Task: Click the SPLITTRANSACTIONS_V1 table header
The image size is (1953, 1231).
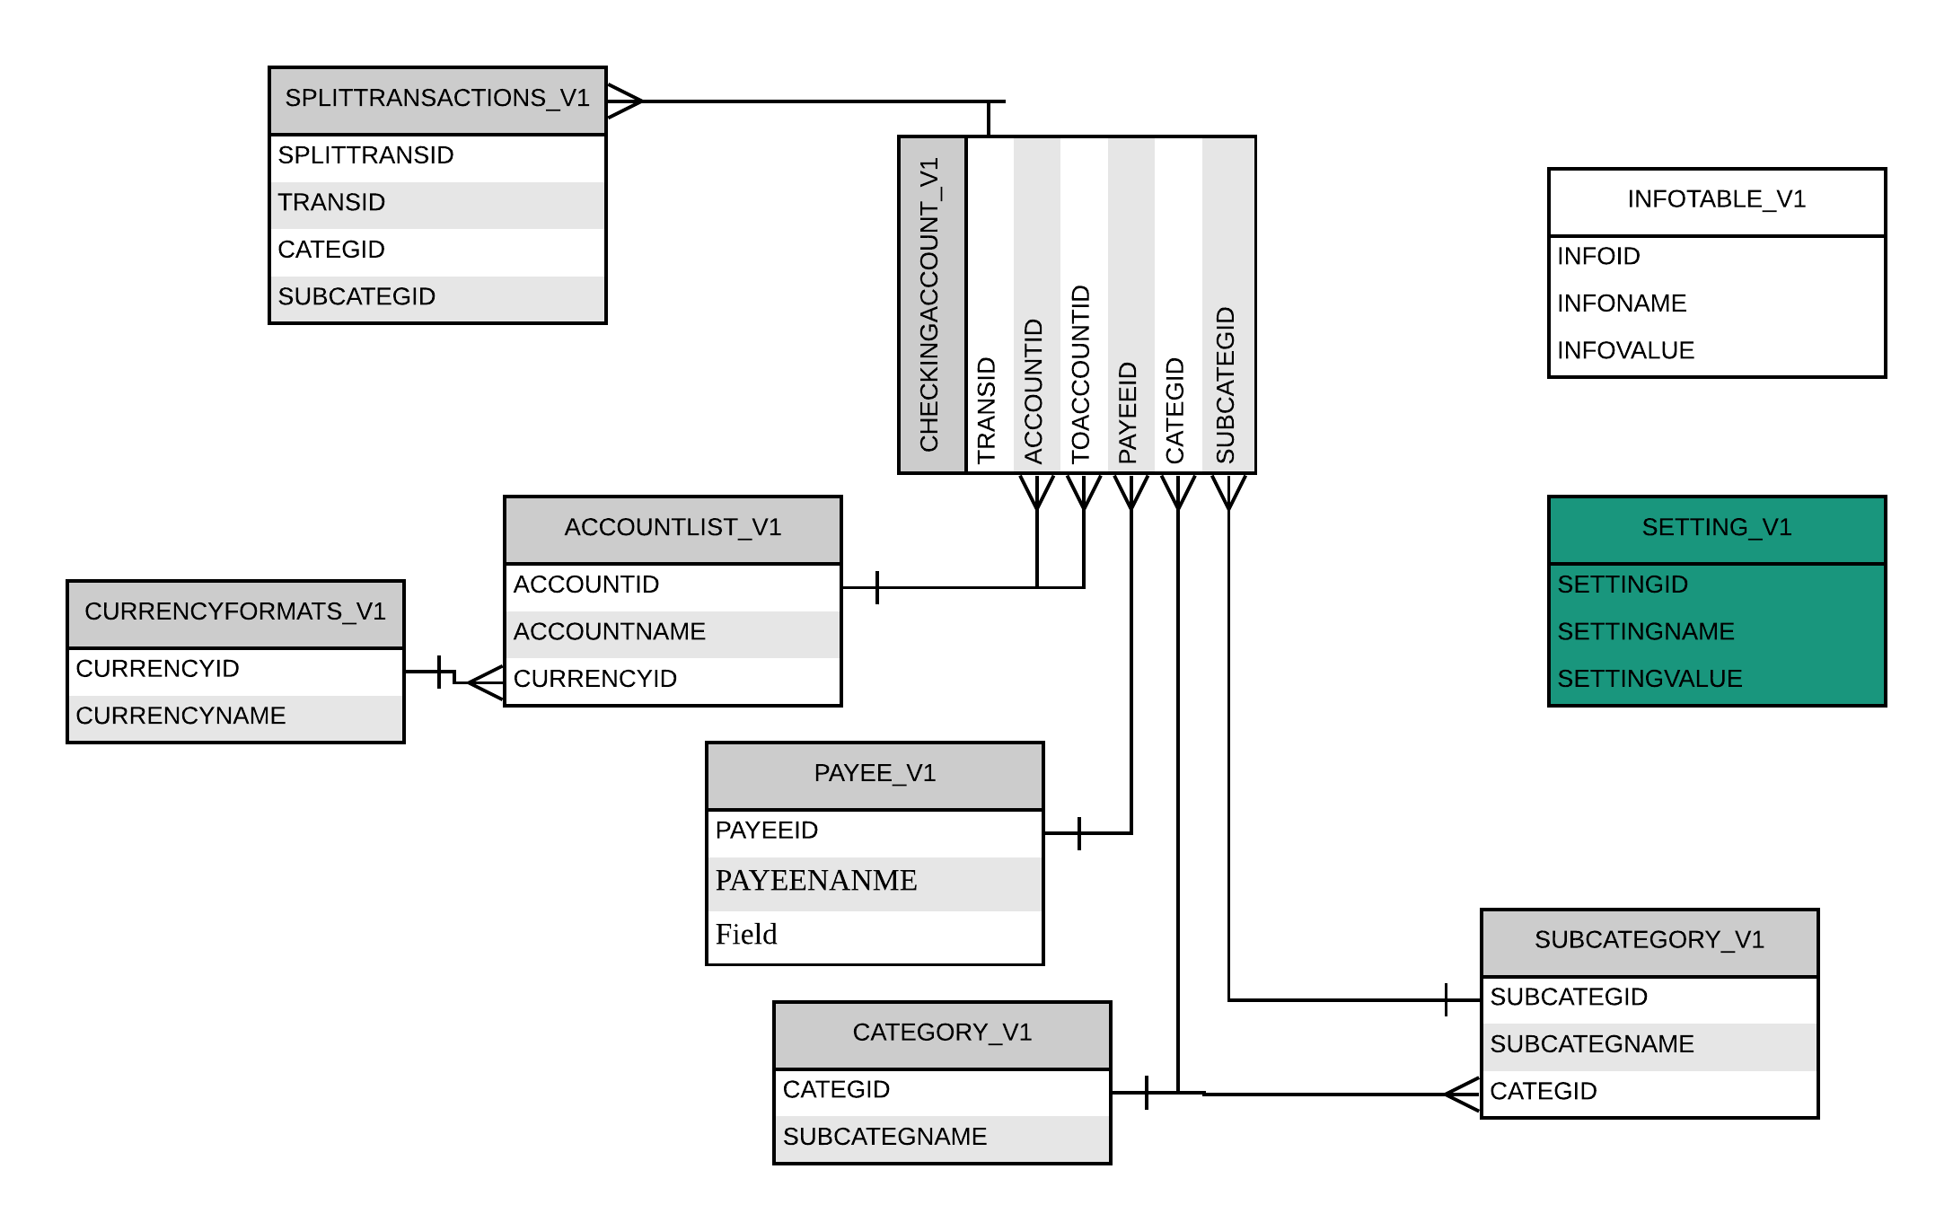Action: (437, 99)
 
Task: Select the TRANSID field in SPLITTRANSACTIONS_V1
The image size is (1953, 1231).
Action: (331, 203)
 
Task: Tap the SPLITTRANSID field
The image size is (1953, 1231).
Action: (365, 156)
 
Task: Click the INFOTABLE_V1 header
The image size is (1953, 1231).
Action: (1716, 200)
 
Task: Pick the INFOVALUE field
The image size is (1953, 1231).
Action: (1625, 351)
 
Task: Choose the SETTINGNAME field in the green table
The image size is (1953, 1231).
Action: (1645, 632)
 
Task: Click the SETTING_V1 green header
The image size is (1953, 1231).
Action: (1716, 528)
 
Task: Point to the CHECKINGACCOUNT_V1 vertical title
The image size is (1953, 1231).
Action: (930, 305)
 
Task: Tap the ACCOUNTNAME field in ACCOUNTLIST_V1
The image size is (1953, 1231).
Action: (609, 632)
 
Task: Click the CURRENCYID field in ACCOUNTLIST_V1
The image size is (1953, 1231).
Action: (594, 679)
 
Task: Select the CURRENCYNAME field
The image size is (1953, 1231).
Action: (180, 717)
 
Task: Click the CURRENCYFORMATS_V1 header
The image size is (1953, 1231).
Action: (235, 612)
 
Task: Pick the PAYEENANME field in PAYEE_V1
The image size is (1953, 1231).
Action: (815, 881)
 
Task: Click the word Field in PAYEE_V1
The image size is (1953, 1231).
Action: (746, 935)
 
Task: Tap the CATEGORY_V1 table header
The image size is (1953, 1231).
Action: (942, 1033)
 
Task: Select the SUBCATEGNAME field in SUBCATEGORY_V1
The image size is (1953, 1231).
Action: (1591, 1045)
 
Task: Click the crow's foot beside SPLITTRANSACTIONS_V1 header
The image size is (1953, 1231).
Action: (625, 101)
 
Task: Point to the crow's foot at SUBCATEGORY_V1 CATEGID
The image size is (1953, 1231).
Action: (1463, 1095)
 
